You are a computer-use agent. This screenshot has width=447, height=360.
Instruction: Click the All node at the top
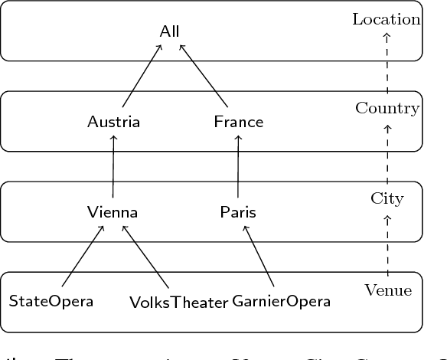170,31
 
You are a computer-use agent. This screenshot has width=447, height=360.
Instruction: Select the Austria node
113,122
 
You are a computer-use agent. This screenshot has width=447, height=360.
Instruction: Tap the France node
238,122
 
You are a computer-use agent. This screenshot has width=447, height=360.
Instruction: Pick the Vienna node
113,212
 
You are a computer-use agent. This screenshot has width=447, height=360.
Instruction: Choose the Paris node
238,212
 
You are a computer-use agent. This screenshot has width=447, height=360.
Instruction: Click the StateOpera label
51,301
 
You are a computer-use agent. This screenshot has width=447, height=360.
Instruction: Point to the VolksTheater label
178,302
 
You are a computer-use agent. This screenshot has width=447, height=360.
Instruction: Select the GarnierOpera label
282,301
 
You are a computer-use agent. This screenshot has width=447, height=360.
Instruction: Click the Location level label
387,19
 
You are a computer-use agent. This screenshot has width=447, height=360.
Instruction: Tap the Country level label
387,108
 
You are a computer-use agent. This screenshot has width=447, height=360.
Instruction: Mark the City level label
387,198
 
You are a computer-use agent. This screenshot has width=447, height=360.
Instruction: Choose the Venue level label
387,290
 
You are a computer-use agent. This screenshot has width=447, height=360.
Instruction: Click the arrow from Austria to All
142,75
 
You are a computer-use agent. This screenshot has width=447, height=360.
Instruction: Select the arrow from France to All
204,75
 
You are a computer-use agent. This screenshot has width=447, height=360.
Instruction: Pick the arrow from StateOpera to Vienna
83,257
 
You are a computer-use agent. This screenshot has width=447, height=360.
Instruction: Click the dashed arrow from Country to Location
387,64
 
